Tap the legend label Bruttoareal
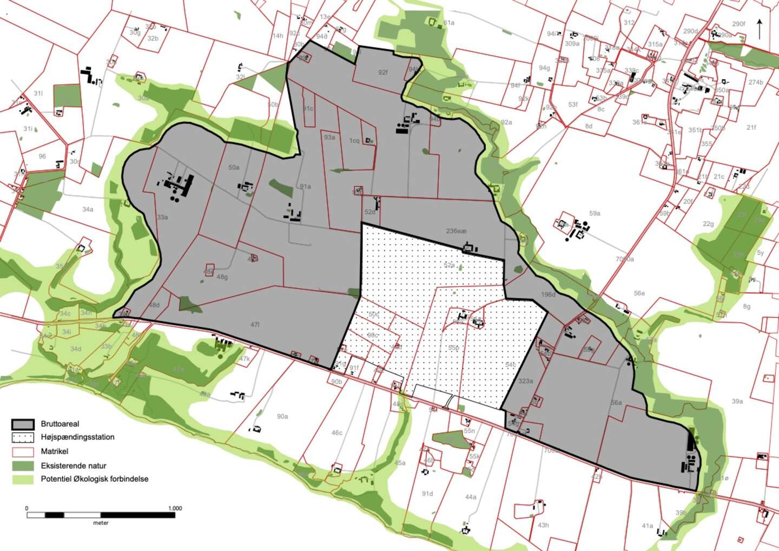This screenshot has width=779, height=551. point(60,424)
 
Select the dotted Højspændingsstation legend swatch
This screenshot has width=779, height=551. point(25,437)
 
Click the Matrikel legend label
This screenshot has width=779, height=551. point(55,451)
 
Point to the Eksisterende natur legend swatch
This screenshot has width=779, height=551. point(25,465)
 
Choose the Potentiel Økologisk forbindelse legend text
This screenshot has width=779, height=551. point(95,479)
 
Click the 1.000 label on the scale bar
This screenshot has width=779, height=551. point(175,508)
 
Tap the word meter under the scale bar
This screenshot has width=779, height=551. point(101,523)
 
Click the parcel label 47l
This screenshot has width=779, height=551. point(255,325)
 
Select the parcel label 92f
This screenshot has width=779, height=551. point(383,73)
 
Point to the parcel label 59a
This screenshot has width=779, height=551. point(595,213)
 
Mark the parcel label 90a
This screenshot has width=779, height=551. point(282,416)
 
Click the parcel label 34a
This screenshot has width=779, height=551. point(88,209)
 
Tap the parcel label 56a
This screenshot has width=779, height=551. point(616,403)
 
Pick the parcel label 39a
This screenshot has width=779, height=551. point(737,402)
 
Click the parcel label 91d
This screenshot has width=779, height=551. point(427,494)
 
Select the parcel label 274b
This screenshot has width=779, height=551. point(756,82)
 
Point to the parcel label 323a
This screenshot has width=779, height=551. point(525,381)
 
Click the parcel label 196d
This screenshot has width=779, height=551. point(548,294)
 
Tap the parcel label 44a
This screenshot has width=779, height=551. point(470,497)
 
